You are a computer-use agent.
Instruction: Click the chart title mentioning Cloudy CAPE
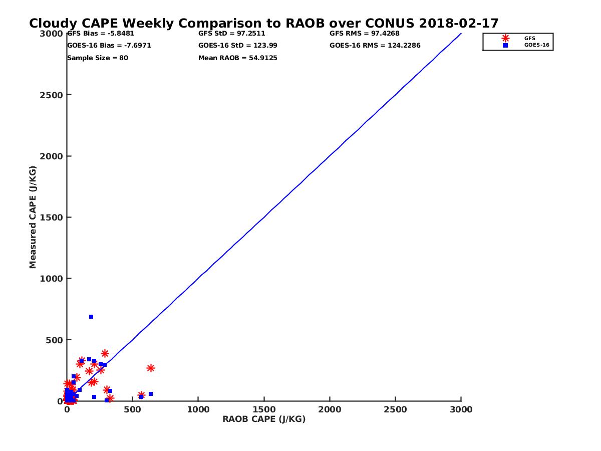pos(263,24)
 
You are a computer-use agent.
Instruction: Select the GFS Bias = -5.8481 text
pos(101,34)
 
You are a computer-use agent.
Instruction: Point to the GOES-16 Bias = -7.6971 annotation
pos(109,46)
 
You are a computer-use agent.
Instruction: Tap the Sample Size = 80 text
pos(98,58)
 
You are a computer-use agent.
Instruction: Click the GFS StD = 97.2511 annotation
pos(232,34)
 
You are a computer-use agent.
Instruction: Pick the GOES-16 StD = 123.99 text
pos(238,46)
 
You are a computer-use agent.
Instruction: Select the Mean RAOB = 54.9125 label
pos(238,58)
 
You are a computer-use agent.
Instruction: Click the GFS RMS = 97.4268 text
pos(365,34)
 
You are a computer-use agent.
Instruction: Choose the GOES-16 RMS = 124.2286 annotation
pos(375,46)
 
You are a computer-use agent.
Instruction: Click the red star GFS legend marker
pos(505,38)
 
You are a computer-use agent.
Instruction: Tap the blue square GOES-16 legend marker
pos(505,45)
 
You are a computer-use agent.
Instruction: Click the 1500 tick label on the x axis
pos(264,409)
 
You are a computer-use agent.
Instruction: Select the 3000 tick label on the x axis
pos(461,409)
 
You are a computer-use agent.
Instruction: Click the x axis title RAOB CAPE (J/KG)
pos(264,419)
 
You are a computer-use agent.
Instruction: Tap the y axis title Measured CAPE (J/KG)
pos(33,217)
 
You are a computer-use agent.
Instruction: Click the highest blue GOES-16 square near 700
pos(91,317)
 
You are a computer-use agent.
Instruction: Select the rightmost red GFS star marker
pos(151,368)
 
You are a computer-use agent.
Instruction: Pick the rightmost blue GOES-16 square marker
pos(151,394)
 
